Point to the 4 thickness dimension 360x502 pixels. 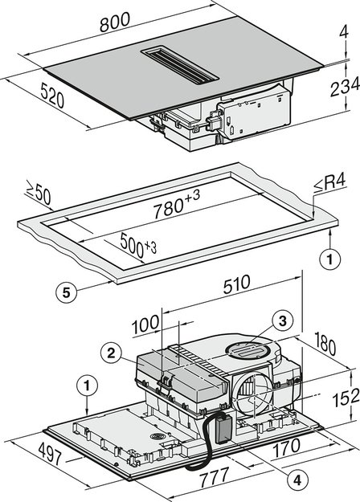(343, 32)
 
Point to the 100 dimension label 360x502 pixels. (145, 324)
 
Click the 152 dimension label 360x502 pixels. (342, 397)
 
